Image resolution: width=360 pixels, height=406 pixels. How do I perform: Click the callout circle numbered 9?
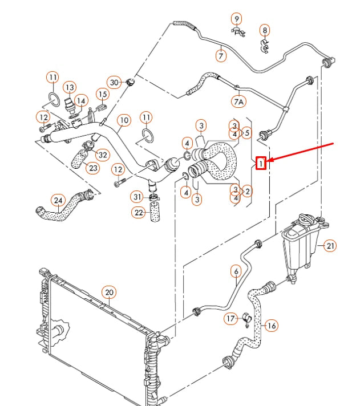pyautogui.click(x=236, y=19)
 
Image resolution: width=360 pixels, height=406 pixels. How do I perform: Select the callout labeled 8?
pyautogui.click(x=264, y=30)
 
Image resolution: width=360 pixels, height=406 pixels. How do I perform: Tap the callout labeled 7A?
pyautogui.click(x=238, y=102)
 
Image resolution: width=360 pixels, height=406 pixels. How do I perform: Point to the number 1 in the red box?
pyautogui.click(x=261, y=164)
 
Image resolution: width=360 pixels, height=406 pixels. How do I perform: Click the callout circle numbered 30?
pyautogui.click(x=114, y=83)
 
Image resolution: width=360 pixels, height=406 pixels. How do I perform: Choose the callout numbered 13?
pyautogui.click(x=70, y=87)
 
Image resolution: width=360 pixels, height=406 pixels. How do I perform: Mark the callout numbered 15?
pyautogui.click(x=102, y=94)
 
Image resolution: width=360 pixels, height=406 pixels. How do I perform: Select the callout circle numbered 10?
pyautogui.click(x=124, y=120)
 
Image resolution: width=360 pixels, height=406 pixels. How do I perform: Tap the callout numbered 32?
pyautogui.click(x=103, y=155)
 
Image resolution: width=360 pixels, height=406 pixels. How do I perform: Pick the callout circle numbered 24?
pyautogui.click(x=58, y=200)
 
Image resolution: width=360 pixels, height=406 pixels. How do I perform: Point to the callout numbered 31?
pyautogui.click(x=137, y=197)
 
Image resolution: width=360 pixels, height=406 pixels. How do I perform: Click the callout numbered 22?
pyautogui.click(x=138, y=213)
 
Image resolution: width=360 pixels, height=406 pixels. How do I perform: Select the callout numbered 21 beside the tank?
pyautogui.click(x=330, y=246)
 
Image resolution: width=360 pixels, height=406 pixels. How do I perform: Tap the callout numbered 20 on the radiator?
pyautogui.click(x=109, y=293)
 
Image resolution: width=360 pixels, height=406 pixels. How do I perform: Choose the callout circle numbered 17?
pyautogui.click(x=230, y=318)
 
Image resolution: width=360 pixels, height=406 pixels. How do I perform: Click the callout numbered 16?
pyautogui.click(x=272, y=326)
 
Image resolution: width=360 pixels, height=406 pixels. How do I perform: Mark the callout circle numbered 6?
pyautogui.click(x=236, y=271)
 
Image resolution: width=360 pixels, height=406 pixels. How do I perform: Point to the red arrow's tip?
pyautogui.click(x=268, y=162)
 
